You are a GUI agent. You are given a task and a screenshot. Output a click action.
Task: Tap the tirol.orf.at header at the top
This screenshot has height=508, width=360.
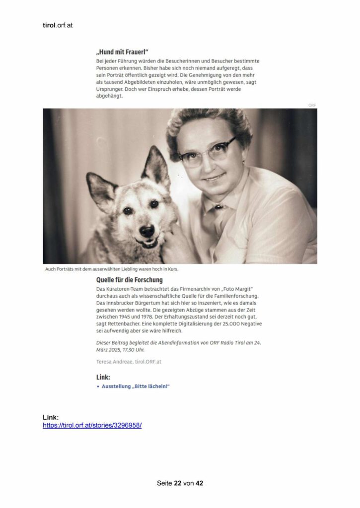pyautogui.click(x=58, y=25)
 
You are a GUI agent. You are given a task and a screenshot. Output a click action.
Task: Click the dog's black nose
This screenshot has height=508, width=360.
pyautogui.click(x=146, y=230)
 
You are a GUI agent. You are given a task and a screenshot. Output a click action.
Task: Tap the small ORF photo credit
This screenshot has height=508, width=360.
pyautogui.click(x=312, y=105)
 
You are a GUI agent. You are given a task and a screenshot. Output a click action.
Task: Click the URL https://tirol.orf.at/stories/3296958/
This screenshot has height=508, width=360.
pyautogui.click(x=92, y=425)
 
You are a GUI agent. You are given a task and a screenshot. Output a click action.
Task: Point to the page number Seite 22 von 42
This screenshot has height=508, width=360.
pyautogui.click(x=180, y=483)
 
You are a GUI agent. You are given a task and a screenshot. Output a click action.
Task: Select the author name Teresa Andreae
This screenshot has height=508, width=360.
pyautogui.click(x=115, y=362)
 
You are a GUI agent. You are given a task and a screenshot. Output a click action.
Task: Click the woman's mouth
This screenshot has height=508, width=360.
pyautogui.click(x=215, y=177)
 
